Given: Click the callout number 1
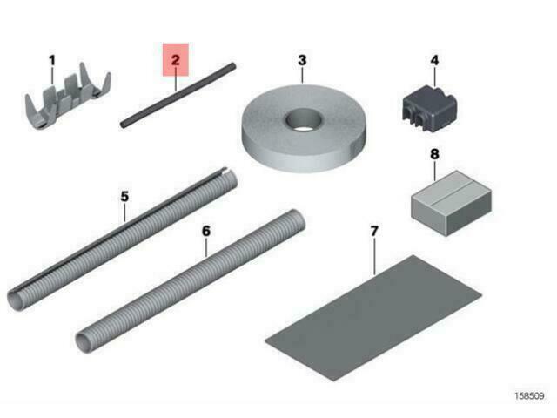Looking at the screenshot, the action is (x=52, y=61).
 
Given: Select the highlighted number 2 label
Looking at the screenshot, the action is (x=176, y=60).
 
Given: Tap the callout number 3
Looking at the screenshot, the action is (x=302, y=60).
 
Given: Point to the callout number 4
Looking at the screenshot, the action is (x=434, y=60).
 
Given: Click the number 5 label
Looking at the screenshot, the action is (x=124, y=197).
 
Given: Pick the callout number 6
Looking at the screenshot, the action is (x=206, y=231).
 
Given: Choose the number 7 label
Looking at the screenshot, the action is (x=374, y=232).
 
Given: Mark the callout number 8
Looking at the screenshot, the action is (x=434, y=154).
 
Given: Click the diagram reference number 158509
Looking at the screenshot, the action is (x=529, y=396).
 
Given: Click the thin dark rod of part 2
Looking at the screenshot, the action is (x=178, y=95).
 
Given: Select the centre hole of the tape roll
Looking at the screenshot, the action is (x=304, y=121).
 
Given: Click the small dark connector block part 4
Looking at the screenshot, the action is (x=429, y=108).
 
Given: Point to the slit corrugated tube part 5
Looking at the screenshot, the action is (x=122, y=239).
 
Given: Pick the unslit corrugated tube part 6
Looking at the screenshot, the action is (x=191, y=281).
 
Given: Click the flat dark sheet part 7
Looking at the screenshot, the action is (x=373, y=318).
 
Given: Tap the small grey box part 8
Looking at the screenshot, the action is (x=452, y=203).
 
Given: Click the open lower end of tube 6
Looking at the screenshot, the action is (x=84, y=342).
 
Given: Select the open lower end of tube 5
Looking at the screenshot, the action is (x=16, y=300).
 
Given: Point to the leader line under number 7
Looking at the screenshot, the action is (x=374, y=257).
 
